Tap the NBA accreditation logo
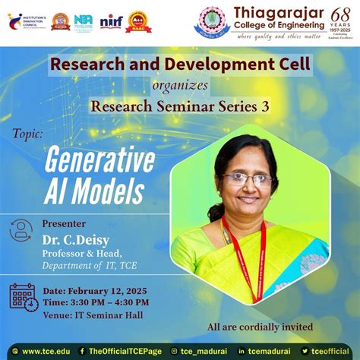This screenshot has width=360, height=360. [84, 21]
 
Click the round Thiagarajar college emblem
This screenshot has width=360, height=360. [213, 21]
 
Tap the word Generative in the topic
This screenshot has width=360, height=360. [99, 159]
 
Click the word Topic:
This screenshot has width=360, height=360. [27, 133]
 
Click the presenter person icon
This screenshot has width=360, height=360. [21, 230]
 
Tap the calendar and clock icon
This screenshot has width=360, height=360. [24, 298]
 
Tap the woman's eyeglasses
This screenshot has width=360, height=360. [248, 179]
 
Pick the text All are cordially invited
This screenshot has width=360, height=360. [260, 327]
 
